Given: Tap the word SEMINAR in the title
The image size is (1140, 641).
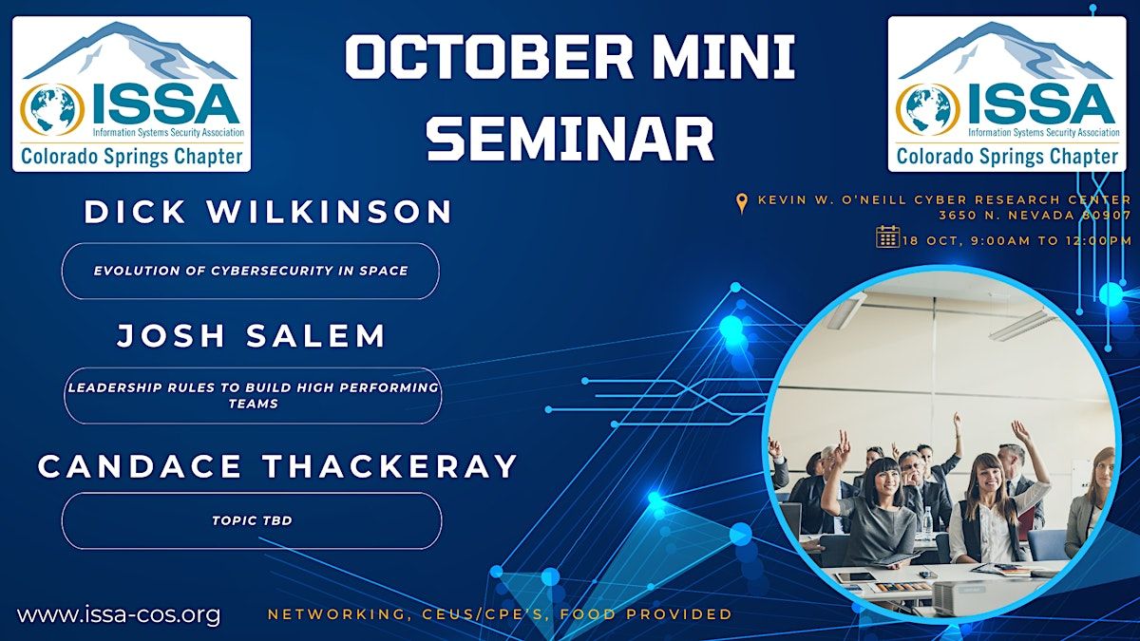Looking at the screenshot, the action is tap(570, 139).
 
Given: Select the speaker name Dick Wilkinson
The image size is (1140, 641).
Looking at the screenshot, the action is tap(268, 212).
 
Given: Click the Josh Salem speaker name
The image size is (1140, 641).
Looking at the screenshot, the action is tap(251, 336).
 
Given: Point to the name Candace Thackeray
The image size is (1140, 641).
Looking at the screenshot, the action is tap(277, 466).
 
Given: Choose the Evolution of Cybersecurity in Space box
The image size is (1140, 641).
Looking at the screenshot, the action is tap(251, 272).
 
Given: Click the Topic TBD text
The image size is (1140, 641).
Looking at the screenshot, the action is tap(252, 520).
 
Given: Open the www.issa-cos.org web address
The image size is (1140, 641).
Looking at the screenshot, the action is tap(119, 614).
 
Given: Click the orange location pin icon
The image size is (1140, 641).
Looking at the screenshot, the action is tap(743, 203).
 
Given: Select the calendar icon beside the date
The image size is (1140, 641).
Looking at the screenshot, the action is tap(888, 237).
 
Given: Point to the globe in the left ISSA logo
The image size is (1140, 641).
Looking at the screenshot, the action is tap(52, 109).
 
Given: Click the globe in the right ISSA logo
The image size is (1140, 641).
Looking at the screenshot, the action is tap(928, 109).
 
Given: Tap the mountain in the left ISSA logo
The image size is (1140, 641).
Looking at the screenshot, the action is tap(130, 52).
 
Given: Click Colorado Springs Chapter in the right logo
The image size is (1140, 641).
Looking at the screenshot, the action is tap(1007, 156).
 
